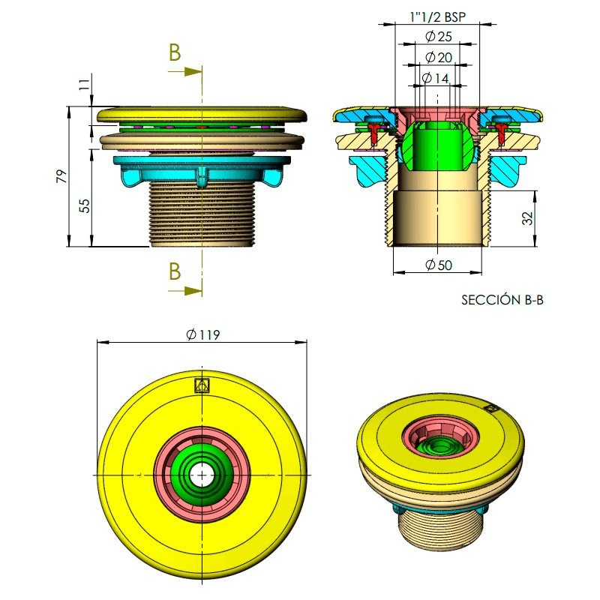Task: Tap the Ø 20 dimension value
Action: point(437,58)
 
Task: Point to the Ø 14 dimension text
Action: point(436,78)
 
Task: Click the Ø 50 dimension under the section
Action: point(437,265)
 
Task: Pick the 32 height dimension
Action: point(527,218)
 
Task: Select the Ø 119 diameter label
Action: point(202,334)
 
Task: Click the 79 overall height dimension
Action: point(61,176)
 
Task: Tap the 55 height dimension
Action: point(85,205)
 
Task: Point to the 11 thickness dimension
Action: point(84,84)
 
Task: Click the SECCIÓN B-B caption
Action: point(502,300)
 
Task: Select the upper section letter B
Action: point(175,53)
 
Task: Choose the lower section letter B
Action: point(175,271)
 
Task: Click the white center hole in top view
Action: point(202,475)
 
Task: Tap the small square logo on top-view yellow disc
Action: point(201,385)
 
